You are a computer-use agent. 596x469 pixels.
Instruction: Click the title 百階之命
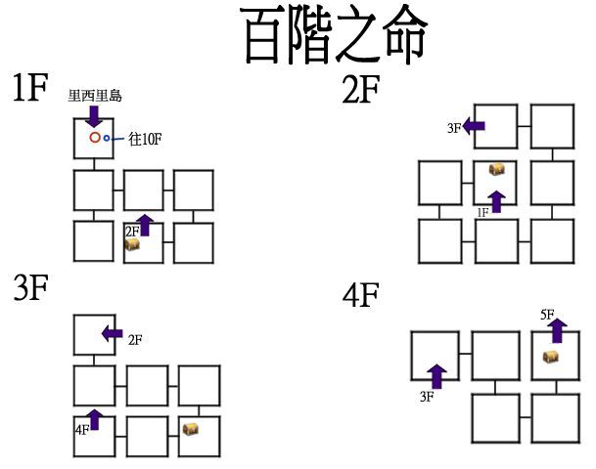click(x=335, y=37)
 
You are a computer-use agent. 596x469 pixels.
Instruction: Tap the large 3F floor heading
click(x=32, y=290)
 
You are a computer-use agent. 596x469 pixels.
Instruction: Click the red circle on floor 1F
click(x=95, y=138)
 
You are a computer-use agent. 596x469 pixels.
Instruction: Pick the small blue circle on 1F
click(x=108, y=139)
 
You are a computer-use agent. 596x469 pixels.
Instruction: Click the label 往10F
click(x=145, y=140)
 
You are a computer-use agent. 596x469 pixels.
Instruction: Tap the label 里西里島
click(x=95, y=96)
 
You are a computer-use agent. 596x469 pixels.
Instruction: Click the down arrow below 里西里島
click(x=95, y=115)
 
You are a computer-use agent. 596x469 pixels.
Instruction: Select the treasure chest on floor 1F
click(x=131, y=245)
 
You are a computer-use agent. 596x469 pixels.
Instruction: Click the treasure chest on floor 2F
click(x=497, y=170)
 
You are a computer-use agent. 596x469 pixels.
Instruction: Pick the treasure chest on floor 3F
click(x=190, y=428)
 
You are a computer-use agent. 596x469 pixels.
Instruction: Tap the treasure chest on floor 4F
click(x=551, y=358)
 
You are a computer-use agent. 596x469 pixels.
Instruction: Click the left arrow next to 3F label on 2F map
click(x=475, y=126)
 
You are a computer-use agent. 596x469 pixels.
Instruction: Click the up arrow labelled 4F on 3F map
click(x=94, y=420)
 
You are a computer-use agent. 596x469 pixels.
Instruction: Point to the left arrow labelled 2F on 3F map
click(x=113, y=334)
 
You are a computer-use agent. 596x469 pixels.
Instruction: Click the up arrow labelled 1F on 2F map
click(x=497, y=202)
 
